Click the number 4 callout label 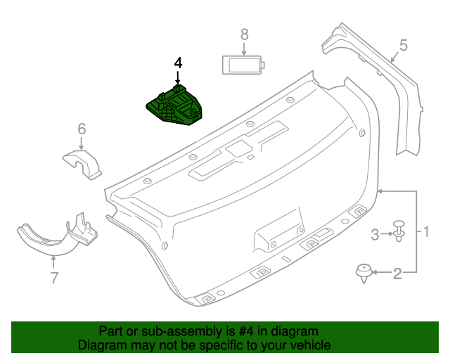[178, 63]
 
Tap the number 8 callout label [244, 34]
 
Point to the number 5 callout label [403, 46]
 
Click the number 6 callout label [82, 129]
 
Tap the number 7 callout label [54, 278]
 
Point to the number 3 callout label [375, 233]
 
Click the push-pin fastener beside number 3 [399, 231]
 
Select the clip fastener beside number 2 [364, 273]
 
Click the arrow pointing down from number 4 [178, 79]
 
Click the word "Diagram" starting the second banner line [102, 345]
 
